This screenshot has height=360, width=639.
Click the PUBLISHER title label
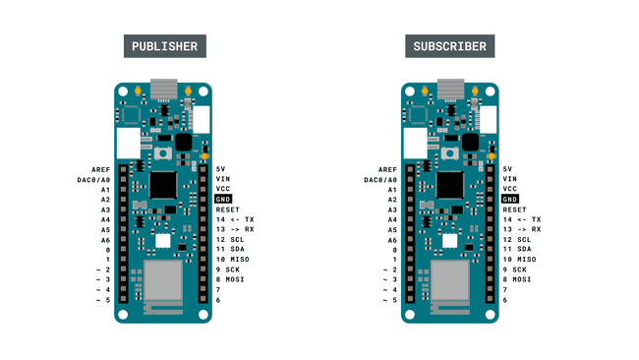(164, 46)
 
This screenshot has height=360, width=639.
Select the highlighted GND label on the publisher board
(223, 200)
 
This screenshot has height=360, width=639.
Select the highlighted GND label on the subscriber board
(509, 200)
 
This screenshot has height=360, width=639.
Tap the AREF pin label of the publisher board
(100, 169)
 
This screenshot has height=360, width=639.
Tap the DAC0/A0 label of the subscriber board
(380, 180)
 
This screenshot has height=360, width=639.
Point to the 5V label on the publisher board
(221, 169)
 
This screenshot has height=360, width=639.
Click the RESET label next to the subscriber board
(515, 210)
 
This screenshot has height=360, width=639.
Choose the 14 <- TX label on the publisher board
(235, 219)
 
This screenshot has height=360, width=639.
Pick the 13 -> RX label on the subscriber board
(521, 229)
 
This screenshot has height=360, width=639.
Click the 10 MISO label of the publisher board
(232, 260)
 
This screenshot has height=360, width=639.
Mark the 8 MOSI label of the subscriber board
(518, 279)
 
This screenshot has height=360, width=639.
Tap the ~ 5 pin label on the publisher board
(102, 300)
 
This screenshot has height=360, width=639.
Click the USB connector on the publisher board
(163, 88)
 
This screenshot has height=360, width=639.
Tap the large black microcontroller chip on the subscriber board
(449, 184)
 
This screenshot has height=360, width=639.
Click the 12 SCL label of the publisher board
(229, 240)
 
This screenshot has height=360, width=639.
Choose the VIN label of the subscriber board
(509, 179)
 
